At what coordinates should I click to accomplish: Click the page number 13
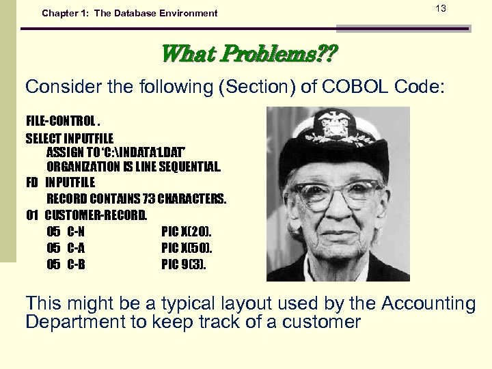[x=440, y=8]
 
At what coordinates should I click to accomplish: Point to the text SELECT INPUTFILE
[x=70, y=137]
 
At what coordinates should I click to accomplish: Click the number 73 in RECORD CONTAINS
[x=149, y=199]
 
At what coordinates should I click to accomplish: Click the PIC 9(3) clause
[x=183, y=264]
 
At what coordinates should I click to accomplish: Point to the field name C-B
[x=76, y=264]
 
